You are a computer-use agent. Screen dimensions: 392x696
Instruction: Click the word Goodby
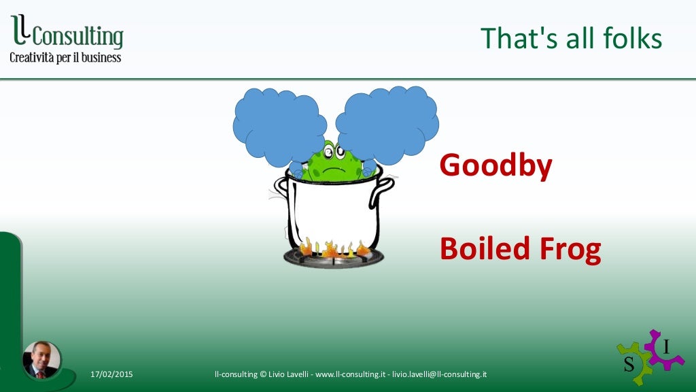click(495, 165)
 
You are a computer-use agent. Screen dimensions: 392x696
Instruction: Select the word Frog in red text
click(570, 250)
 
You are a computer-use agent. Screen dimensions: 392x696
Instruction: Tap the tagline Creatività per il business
click(65, 57)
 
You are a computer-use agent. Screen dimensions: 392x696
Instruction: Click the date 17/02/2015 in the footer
click(111, 374)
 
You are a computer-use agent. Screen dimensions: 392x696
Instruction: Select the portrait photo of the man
click(41, 359)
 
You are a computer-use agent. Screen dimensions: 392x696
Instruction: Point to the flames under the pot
click(333, 248)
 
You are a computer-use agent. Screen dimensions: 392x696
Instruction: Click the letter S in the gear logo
click(629, 364)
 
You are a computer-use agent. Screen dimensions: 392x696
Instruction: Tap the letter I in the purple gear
click(666, 347)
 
